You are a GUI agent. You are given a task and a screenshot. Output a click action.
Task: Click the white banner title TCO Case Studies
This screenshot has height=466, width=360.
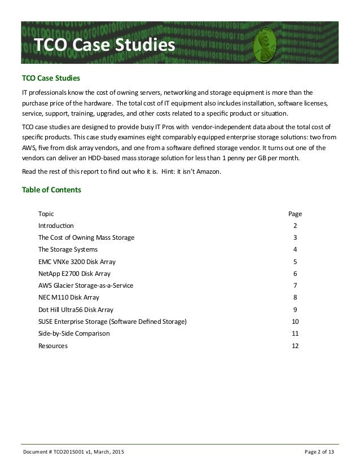pos(104,45)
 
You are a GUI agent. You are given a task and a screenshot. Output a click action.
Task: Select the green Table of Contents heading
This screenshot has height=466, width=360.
pos(51,190)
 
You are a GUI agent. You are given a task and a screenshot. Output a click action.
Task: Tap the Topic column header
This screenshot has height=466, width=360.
pos(46,214)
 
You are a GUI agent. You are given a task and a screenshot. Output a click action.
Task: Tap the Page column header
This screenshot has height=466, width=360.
pos(295,214)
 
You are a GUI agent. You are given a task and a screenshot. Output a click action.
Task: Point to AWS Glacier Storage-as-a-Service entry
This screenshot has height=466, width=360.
pos(86,285)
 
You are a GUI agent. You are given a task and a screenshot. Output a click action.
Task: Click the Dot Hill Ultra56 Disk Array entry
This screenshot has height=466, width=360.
pos(76,309)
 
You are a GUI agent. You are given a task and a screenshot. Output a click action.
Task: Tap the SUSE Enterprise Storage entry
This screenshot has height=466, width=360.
pos(112,322)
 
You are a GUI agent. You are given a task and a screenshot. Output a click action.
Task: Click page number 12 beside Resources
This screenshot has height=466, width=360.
pos(295,345)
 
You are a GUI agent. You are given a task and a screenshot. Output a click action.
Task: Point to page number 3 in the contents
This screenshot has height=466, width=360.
pos(295,238)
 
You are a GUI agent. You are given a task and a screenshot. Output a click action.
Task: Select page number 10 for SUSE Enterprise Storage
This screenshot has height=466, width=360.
pos(295,322)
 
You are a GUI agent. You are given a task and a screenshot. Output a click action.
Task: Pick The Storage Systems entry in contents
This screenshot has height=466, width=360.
pos(68,249)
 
